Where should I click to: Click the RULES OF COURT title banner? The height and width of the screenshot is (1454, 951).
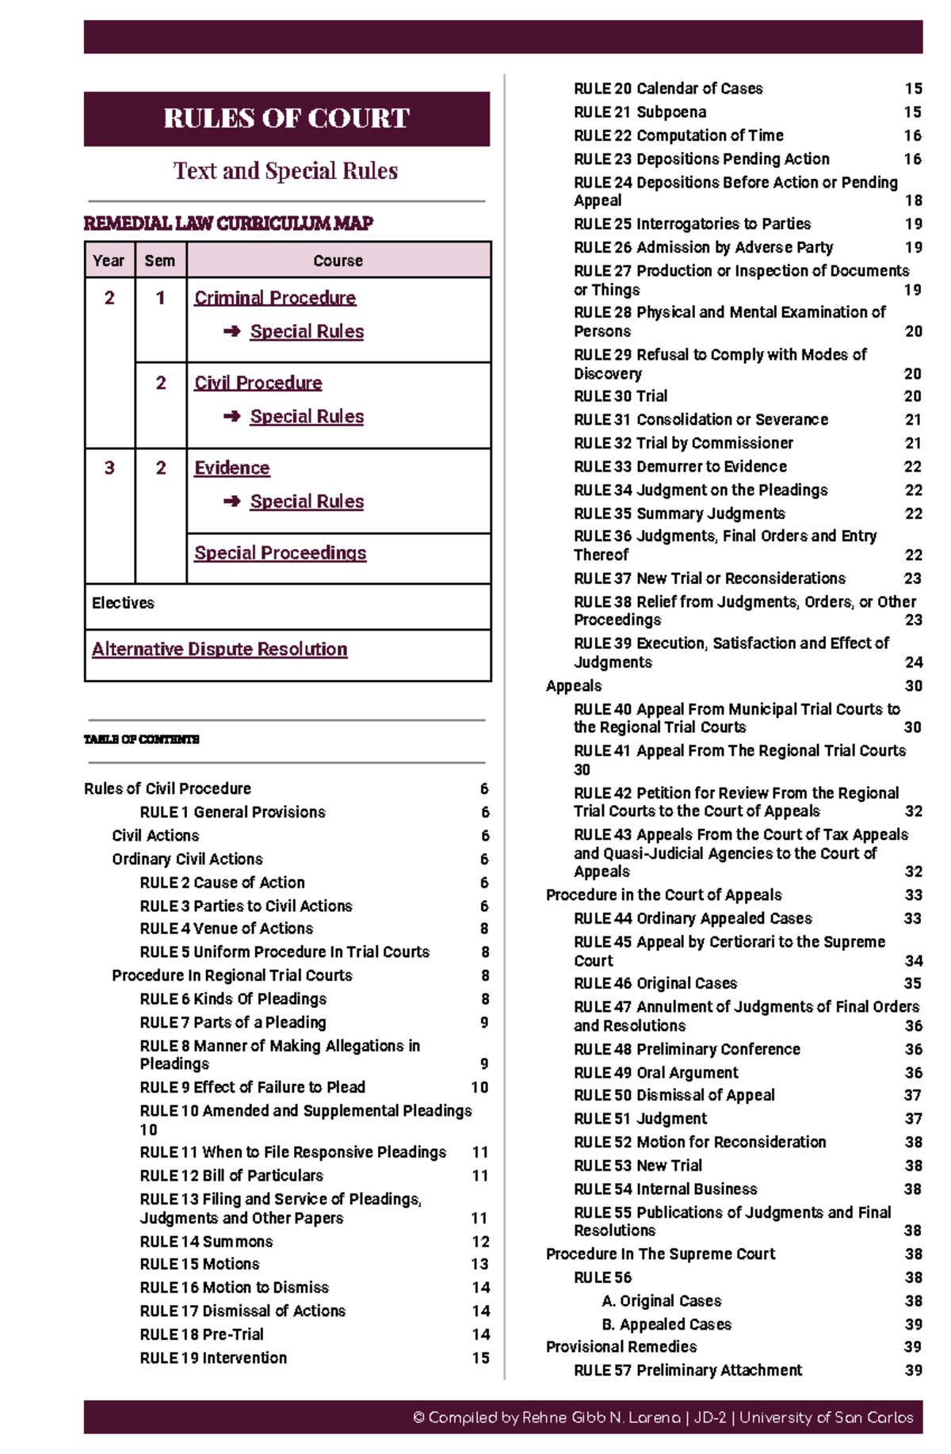(x=286, y=119)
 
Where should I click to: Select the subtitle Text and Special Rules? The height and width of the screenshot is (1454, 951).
(x=285, y=171)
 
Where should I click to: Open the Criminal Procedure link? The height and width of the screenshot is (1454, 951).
(x=275, y=298)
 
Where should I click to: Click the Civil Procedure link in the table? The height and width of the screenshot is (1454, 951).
(x=258, y=383)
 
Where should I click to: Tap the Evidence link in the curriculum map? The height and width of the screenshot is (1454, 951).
(x=232, y=468)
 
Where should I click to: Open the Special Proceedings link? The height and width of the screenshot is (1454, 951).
(x=281, y=553)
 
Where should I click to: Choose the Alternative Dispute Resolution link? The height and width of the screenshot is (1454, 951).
(x=220, y=649)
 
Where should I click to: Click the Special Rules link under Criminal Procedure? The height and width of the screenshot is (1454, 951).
(x=307, y=331)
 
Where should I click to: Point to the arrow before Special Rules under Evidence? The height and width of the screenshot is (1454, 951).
(x=231, y=502)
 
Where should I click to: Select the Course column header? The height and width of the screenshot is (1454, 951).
(x=338, y=261)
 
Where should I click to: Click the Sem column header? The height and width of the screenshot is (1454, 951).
(x=159, y=261)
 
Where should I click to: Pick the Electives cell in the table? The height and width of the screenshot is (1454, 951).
(x=124, y=603)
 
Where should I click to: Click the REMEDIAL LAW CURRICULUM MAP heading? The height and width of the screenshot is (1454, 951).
(x=228, y=223)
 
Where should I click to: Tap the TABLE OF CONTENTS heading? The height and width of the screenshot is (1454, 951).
(x=142, y=739)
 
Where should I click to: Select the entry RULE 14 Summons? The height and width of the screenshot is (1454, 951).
(x=206, y=1242)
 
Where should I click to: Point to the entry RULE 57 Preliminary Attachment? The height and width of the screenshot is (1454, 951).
(x=688, y=1370)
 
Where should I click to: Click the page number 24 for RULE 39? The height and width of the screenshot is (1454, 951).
(x=913, y=662)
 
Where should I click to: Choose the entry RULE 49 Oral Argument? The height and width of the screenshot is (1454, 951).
(x=656, y=1073)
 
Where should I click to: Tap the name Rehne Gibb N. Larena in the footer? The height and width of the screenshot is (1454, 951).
(x=601, y=1418)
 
